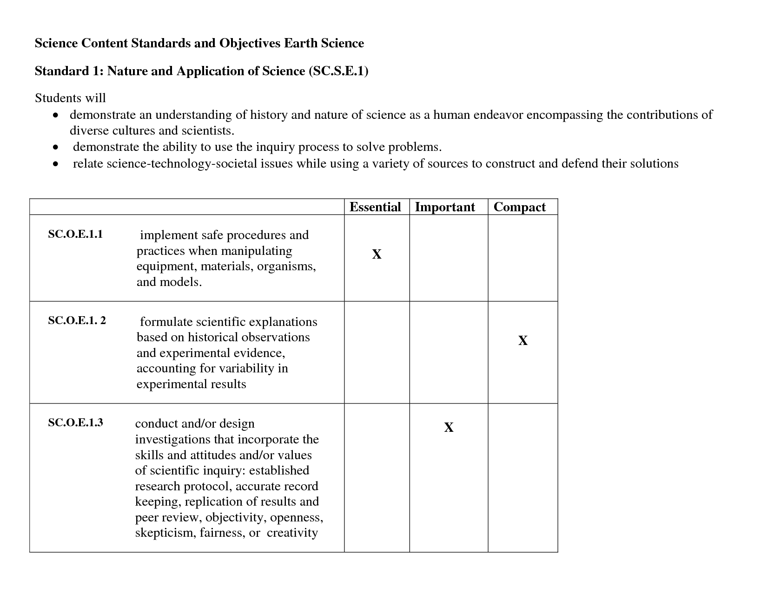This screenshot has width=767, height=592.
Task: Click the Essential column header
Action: pyautogui.click(x=375, y=207)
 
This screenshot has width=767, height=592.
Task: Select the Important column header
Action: pyautogui.click(x=445, y=207)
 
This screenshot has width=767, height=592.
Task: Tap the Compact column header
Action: pyautogui.click(x=519, y=207)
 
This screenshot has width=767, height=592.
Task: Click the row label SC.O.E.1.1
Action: pyautogui.click(x=75, y=234)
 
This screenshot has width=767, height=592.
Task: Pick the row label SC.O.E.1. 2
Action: pyautogui.click(x=77, y=320)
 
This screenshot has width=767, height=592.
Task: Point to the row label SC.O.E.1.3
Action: pyautogui.click(x=75, y=423)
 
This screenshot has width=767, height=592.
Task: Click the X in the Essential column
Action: pyautogui.click(x=377, y=254)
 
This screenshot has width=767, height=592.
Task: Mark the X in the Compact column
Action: pyautogui.click(x=522, y=341)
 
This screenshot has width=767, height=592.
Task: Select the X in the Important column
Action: pyautogui.click(x=449, y=428)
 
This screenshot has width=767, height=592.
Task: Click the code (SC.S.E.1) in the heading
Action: pyautogui.click(x=338, y=71)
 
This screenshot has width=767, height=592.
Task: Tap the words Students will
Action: pyautogui.click(x=70, y=98)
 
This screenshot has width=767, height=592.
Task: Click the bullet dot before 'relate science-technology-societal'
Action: pyautogui.click(x=56, y=164)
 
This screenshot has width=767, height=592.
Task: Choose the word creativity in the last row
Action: pyautogui.click(x=292, y=533)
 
